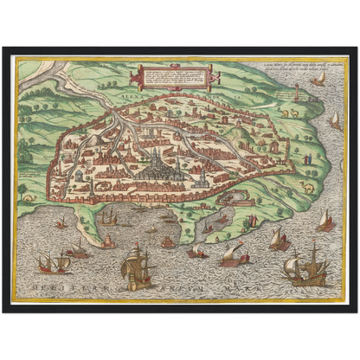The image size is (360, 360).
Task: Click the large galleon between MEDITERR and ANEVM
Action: pyautogui.click(x=136, y=267)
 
